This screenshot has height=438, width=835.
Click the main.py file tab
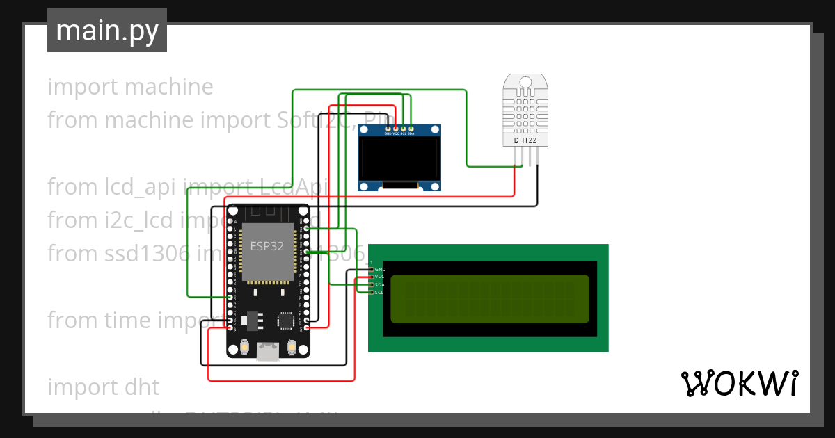pos(106,31)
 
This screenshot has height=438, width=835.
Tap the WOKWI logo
pos(739,383)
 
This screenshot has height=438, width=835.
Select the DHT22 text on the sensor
pos(525,140)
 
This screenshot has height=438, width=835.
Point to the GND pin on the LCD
pos(372,269)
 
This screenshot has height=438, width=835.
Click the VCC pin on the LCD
pos(372,277)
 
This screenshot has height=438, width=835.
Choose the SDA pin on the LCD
pos(372,285)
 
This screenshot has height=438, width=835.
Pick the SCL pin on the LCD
pos(372,293)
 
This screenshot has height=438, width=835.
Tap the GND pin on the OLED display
pos(388,129)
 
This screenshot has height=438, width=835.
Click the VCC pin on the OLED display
pos(396,129)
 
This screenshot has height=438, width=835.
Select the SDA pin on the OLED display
pos(411,129)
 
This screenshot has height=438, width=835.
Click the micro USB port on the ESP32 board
pos(267,352)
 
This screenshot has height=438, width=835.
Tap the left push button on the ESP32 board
pos(244,347)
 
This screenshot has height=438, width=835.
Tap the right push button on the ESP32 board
pos(292,347)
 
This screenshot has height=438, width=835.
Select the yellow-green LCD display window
pos(488,299)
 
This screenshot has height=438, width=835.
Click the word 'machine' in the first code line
pos(169,87)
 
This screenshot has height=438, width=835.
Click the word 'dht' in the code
pos(142,387)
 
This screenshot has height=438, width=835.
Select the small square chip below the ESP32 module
pos(285,321)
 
